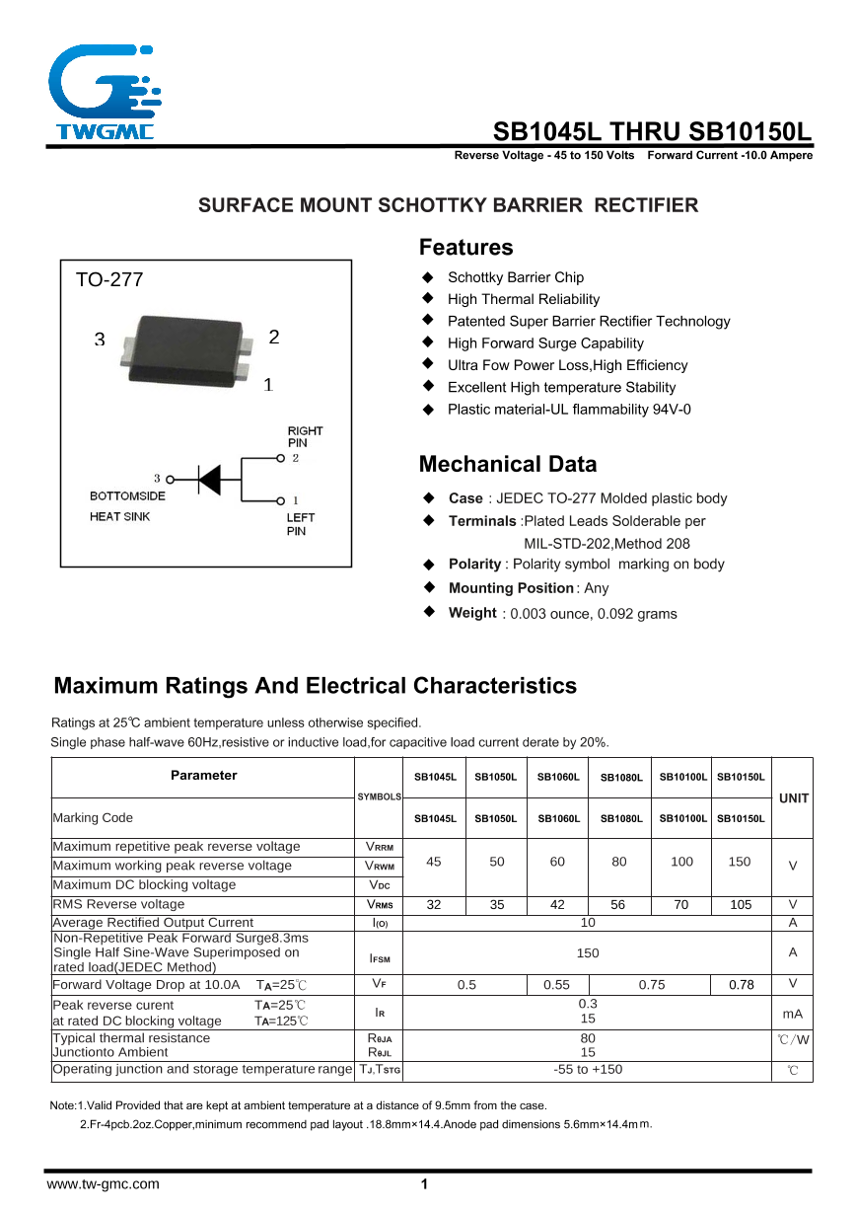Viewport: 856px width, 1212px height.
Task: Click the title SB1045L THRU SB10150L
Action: tap(652, 132)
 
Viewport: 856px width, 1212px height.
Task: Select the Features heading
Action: tap(465, 248)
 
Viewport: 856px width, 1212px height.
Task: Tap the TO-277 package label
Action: tap(109, 280)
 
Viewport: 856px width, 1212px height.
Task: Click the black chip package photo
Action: tap(183, 347)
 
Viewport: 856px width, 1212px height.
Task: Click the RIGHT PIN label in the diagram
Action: tap(305, 437)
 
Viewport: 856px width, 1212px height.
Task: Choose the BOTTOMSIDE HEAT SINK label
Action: tap(127, 506)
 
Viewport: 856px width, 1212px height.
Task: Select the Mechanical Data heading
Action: tap(507, 465)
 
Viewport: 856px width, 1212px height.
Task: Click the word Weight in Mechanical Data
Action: tap(472, 613)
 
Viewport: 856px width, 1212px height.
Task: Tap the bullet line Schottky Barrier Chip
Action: tap(515, 277)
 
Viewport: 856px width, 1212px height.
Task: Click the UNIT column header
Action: tap(793, 797)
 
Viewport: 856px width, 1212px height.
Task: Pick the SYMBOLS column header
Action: tap(379, 796)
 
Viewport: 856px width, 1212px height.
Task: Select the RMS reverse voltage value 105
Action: tap(741, 904)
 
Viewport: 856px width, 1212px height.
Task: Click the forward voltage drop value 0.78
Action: tap(741, 984)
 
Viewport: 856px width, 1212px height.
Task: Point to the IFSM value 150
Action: tap(588, 952)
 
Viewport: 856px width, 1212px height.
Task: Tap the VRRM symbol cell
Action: tap(379, 847)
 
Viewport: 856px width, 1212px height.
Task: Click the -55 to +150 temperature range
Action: tap(588, 1069)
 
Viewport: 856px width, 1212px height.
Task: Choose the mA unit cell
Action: tap(793, 1014)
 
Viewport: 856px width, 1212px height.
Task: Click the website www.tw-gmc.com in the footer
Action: tap(103, 1184)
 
